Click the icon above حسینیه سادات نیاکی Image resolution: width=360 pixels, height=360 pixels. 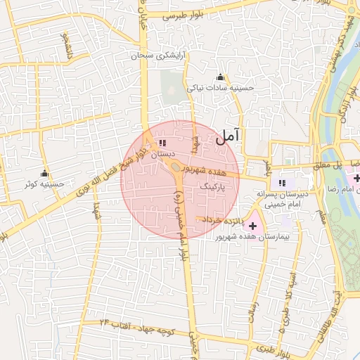pyautogui.click(x=221, y=77)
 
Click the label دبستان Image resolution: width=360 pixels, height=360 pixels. pyautogui.click(x=162, y=153)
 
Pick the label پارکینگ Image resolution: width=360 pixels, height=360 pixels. pyautogui.click(x=214, y=188)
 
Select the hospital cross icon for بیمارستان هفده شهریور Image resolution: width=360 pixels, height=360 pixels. pyautogui.click(x=252, y=226)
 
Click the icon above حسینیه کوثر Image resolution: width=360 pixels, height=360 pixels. pyautogui.click(x=45, y=173)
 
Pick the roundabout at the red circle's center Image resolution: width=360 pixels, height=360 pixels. pyautogui.click(x=173, y=168)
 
